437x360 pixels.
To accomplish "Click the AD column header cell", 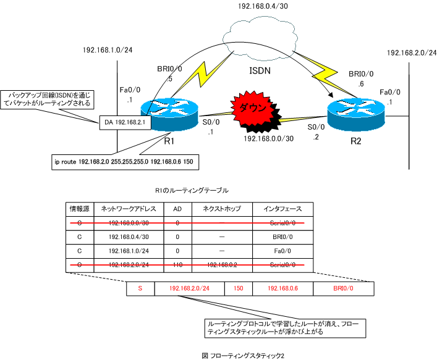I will point(177,209).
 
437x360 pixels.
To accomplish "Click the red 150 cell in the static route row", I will point(238,288).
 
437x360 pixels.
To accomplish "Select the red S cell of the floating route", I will point(140,288).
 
